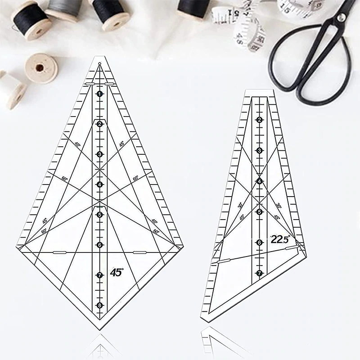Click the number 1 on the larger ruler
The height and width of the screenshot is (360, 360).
[x=99, y=94]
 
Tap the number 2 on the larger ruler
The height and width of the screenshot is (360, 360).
[x=99, y=124]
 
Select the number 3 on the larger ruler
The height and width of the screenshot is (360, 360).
[x=99, y=154]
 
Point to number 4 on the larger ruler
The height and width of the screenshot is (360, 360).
[x=99, y=184]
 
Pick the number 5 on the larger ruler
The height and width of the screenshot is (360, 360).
[x=99, y=214]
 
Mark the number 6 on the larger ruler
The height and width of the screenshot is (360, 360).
[x=99, y=245]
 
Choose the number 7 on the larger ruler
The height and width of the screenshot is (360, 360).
[x=99, y=275]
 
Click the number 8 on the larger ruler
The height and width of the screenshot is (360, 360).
[x=99, y=305]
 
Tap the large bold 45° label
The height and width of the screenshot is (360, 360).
[x=117, y=272]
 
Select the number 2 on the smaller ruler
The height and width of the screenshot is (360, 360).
[x=259, y=120]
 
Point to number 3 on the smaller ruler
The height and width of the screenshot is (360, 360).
[x=259, y=150]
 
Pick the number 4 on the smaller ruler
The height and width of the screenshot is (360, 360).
[x=259, y=181]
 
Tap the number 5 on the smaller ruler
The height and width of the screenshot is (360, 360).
[x=259, y=211]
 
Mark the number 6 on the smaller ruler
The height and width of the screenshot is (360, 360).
[x=259, y=242]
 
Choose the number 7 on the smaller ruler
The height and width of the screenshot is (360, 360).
[x=259, y=273]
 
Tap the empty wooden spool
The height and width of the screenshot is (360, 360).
[x=41, y=68]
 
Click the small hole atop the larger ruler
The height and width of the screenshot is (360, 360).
[x=99, y=63]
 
